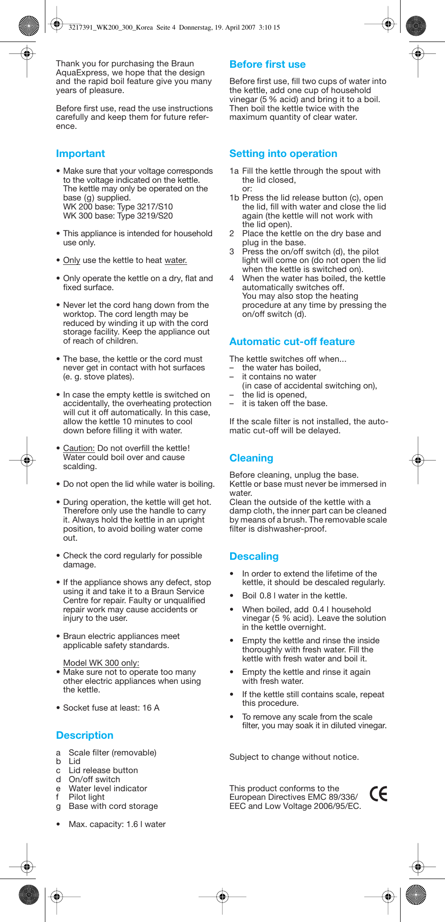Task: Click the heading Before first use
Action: [x=267, y=64]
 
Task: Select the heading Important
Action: [x=80, y=154]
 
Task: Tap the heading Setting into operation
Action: [x=283, y=154]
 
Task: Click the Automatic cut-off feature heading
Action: [x=292, y=342]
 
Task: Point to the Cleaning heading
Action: [x=251, y=458]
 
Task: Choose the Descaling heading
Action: [x=254, y=556]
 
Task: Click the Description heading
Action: [x=85, y=735]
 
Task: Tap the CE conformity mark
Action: [x=379, y=794]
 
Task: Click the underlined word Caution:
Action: [x=79, y=449]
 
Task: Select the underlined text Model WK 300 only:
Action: [x=101, y=663]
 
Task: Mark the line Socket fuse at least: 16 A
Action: [x=111, y=708]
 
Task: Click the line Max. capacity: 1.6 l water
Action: [x=117, y=824]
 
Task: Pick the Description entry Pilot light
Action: [x=86, y=797]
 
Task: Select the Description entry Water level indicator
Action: [x=108, y=788]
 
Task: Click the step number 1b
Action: [x=234, y=198]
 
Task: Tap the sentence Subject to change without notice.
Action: [x=294, y=757]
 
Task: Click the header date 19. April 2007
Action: [x=234, y=28]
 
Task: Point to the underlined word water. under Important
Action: [x=176, y=261]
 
